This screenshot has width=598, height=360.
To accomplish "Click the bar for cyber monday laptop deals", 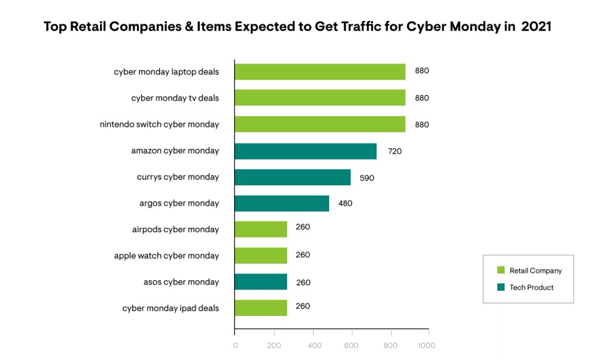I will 320,72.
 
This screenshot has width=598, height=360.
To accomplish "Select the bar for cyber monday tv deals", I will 320,98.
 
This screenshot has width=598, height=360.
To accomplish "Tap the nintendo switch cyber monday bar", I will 320,124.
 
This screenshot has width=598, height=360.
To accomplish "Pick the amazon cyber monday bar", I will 305,151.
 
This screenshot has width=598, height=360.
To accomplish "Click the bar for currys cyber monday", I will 293,178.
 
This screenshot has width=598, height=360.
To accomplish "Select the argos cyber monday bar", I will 282,203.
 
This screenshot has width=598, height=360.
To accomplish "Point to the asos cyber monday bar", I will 261,282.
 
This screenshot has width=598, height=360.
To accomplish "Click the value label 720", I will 395,151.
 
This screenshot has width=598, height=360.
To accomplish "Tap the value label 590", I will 367,178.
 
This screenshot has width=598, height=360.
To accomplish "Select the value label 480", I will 345,204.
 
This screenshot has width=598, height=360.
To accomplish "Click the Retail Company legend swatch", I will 500,271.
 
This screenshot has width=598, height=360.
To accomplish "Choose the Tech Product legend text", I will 532,287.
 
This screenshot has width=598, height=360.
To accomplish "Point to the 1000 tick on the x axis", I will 427,345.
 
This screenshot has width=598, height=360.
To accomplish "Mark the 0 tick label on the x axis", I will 235,345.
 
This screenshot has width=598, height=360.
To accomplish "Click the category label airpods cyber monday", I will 175,230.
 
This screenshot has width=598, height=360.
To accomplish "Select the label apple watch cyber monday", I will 166,256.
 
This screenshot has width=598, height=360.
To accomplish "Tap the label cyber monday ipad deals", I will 170,308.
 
